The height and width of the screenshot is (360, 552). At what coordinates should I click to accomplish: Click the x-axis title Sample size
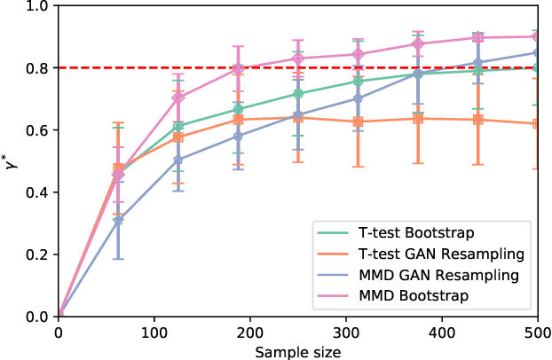point(298,351)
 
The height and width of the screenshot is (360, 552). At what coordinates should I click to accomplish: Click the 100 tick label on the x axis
point(154,333)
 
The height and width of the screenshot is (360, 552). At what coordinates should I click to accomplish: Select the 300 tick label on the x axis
point(346,333)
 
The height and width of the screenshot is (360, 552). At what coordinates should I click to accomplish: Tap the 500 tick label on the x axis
point(537,333)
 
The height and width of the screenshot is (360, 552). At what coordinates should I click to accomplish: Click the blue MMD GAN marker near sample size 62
point(118,221)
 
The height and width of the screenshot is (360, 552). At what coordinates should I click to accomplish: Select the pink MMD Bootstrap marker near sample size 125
point(178,98)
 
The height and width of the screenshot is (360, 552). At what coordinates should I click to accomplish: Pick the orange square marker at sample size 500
point(537,123)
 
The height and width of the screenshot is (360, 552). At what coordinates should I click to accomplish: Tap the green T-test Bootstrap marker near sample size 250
point(298,94)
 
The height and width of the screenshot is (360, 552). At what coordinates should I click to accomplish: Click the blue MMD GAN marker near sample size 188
point(238,136)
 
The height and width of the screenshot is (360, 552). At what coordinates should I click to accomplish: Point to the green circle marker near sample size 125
point(178,126)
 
